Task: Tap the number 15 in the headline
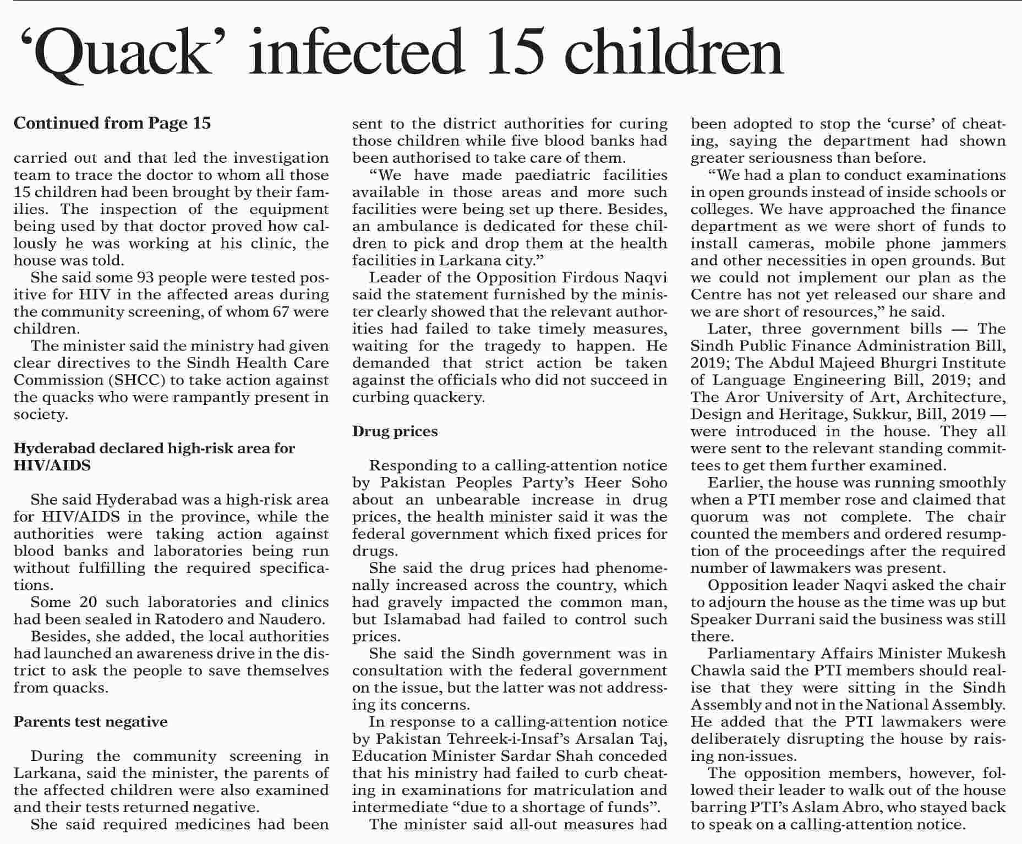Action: click(x=513, y=53)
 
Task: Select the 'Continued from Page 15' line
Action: click(x=112, y=123)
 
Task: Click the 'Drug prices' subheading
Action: click(x=395, y=431)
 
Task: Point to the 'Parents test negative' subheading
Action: click(x=91, y=721)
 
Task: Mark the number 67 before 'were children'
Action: click(x=282, y=311)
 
